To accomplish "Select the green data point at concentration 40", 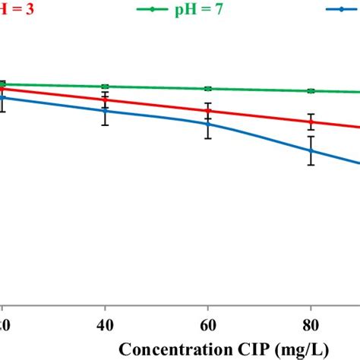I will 106,87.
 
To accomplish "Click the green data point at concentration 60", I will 208,89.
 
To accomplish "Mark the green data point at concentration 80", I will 311,91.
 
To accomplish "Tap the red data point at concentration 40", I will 106,99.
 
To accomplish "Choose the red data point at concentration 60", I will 208,111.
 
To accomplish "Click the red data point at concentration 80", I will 311,121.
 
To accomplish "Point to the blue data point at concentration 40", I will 106,110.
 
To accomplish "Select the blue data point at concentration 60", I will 208,123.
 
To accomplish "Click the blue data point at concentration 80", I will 311,151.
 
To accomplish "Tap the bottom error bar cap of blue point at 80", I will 311,165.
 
